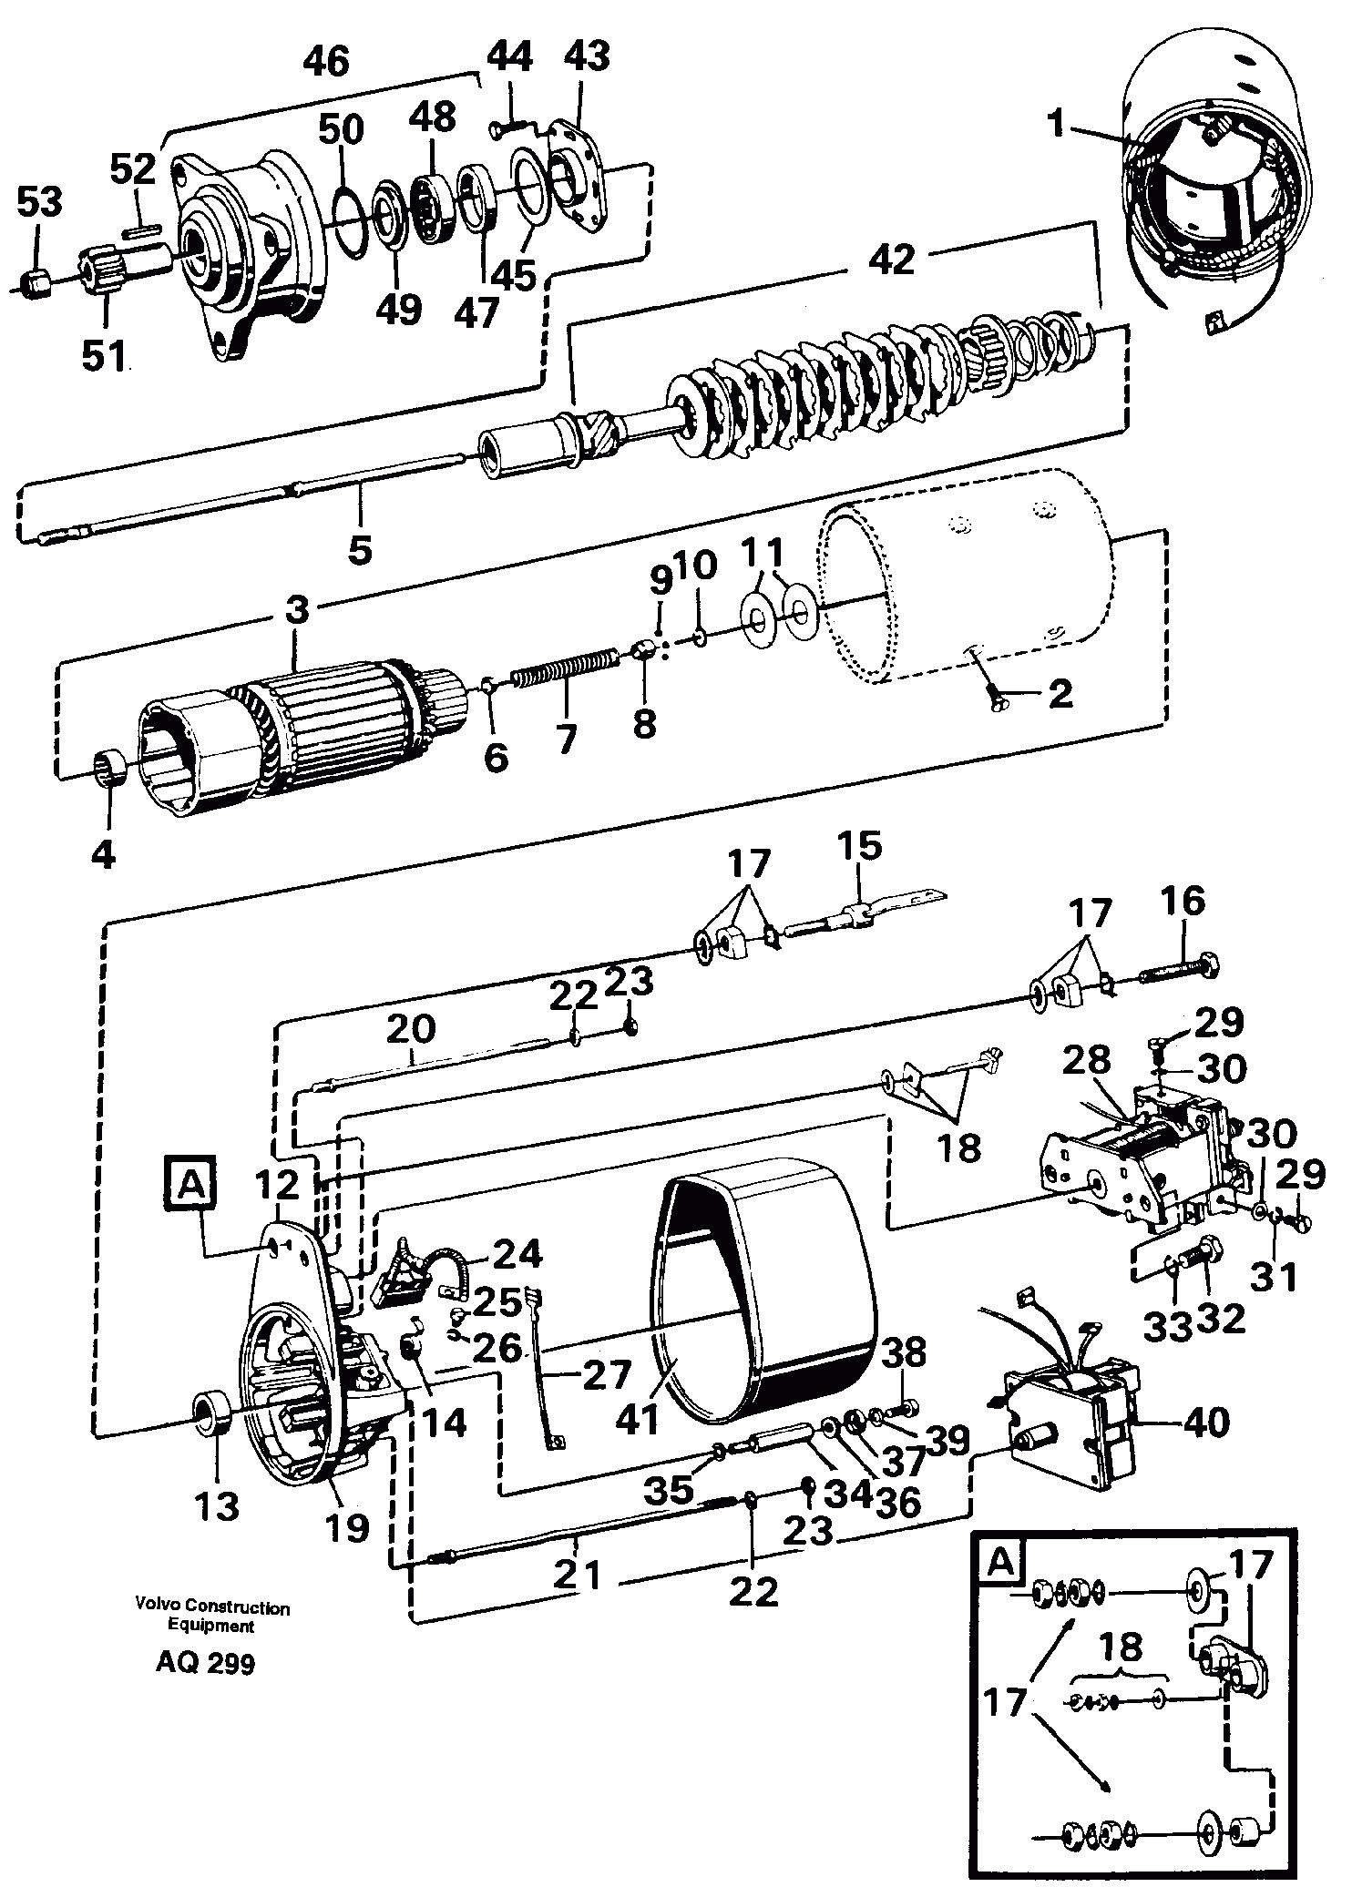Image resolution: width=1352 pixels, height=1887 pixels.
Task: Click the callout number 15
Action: pos(862,846)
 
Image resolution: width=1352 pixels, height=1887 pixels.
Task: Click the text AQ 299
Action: pos(205,1663)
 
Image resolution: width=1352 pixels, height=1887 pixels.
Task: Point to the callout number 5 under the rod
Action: pos(361,549)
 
